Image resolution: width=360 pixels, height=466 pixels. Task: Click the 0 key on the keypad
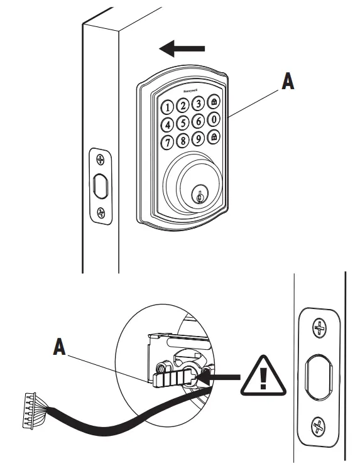coord(214,119)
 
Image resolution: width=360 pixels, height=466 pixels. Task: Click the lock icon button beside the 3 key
coord(214,101)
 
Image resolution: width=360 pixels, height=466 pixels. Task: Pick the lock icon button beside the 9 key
coord(214,137)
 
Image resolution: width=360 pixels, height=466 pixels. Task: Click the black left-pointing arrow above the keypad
coord(183,48)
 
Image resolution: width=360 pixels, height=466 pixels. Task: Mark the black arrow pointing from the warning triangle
coord(224,377)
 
